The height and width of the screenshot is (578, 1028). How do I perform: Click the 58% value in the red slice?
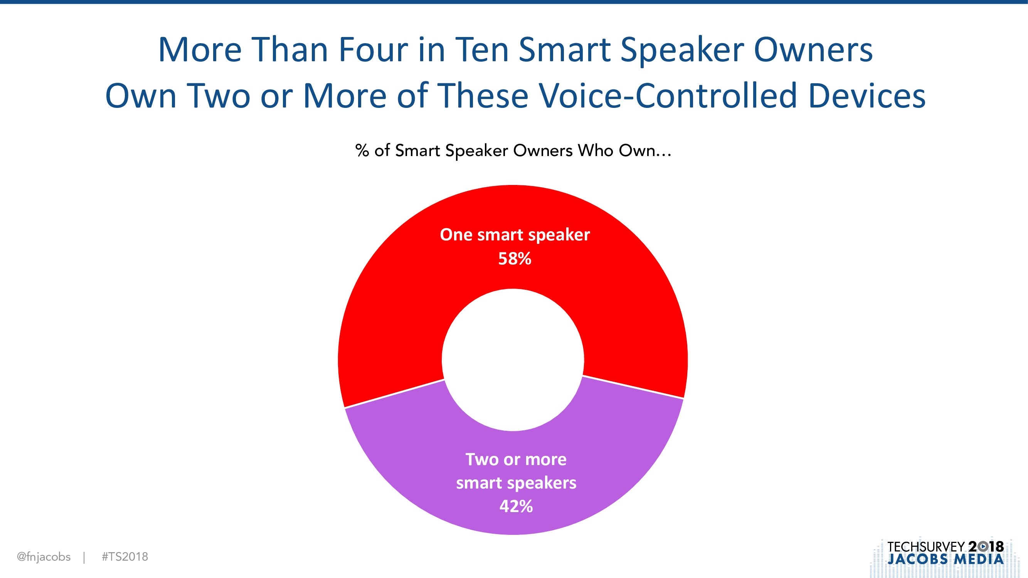point(515,259)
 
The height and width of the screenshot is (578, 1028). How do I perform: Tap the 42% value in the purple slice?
point(516,506)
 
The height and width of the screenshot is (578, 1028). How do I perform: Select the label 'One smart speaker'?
point(515,235)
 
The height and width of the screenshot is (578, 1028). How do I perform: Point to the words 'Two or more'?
point(516,459)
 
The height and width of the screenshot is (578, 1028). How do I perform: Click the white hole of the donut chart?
point(513,360)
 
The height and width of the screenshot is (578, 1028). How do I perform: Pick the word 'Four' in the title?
point(373,50)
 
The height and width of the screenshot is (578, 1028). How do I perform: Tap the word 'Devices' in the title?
point(867,96)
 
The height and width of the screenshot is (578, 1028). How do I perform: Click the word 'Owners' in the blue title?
point(813,50)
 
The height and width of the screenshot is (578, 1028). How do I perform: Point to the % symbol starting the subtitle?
point(362,151)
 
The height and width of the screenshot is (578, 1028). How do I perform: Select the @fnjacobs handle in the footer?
point(44,557)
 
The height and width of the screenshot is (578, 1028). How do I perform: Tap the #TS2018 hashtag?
point(125,557)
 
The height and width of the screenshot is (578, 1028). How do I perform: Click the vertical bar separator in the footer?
point(84,557)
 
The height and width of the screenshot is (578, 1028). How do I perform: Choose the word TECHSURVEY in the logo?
point(926,546)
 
